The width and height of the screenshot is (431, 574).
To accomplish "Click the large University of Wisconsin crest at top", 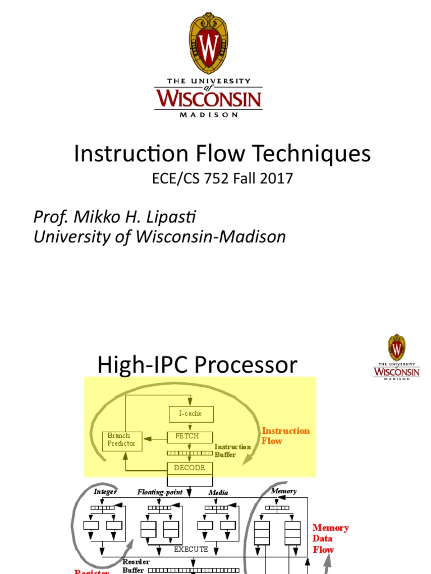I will click(x=209, y=43).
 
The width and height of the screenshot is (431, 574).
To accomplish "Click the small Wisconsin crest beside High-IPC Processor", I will click(x=397, y=348).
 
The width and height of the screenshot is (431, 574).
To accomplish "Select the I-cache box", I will click(x=191, y=414).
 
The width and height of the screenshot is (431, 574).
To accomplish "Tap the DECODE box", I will click(x=190, y=467).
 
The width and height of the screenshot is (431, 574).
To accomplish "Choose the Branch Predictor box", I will click(x=122, y=439).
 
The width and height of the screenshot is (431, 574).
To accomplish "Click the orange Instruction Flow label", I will click(x=286, y=436).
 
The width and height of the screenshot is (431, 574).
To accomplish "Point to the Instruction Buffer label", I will click(x=233, y=450).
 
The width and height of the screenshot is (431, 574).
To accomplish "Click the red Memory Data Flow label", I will click(x=330, y=538).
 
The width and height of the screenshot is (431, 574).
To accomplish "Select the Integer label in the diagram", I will click(x=105, y=492).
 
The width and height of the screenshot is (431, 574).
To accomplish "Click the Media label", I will click(x=218, y=492).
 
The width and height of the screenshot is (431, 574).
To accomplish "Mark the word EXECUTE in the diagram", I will click(x=191, y=549).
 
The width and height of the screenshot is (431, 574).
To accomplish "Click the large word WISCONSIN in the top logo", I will click(x=209, y=99).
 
